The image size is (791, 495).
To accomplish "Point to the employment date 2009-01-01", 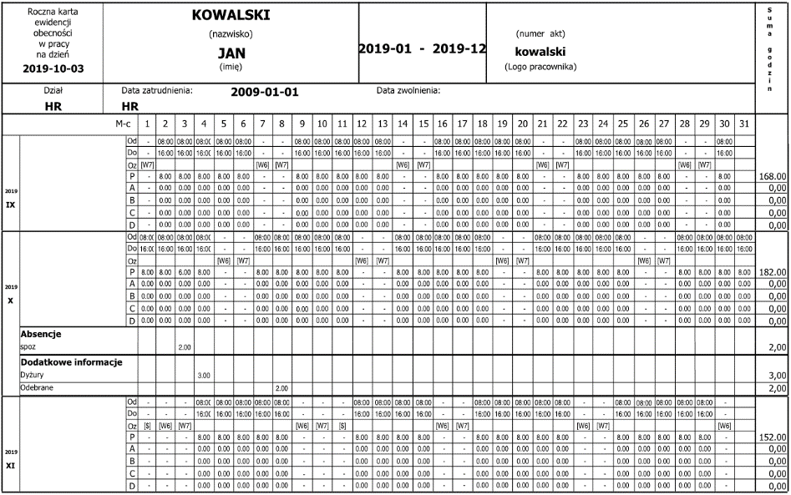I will coord(265,92).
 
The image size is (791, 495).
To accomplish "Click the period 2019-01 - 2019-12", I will coord(423,49).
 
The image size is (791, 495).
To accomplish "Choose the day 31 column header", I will coord(744,124).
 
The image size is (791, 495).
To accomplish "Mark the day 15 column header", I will coord(423,124).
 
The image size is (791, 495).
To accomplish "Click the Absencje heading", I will coord(44,333).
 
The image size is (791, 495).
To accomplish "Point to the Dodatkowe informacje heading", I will coord(71,362).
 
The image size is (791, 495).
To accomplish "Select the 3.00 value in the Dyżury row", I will coord(202,376).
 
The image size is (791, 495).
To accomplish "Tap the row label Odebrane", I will coord(38,388).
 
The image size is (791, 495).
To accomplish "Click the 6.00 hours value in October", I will coord(182,272).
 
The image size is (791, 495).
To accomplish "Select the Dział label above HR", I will coord(53,90).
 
